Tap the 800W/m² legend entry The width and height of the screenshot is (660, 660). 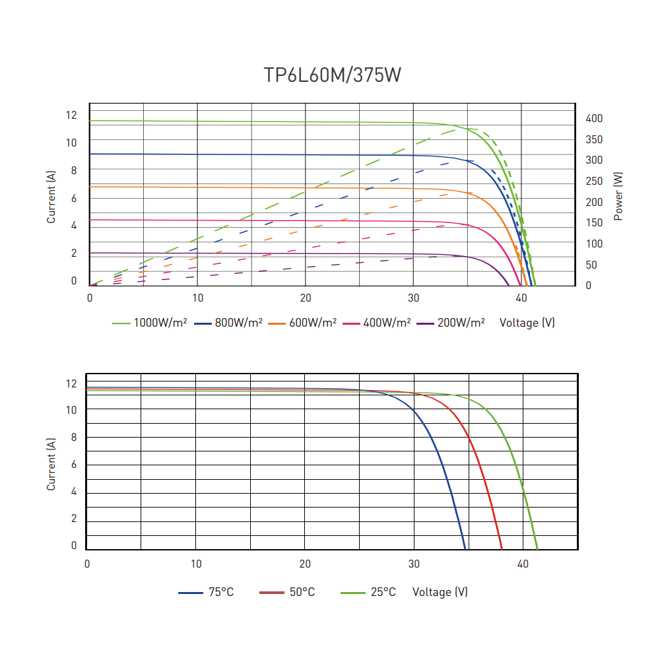pyautogui.click(x=228, y=323)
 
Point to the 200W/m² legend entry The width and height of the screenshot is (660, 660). pyautogui.click(x=451, y=323)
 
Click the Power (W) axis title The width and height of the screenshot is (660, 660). pyautogui.click(x=618, y=196)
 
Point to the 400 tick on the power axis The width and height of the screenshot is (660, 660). pyautogui.click(x=594, y=118)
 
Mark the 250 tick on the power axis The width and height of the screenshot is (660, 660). pyautogui.click(x=594, y=181)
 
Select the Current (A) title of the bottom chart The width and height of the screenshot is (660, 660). pyautogui.click(x=51, y=464)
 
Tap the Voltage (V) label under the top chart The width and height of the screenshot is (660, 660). pyautogui.click(x=527, y=323)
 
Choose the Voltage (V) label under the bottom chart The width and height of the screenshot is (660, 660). pyautogui.click(x=440, y=592)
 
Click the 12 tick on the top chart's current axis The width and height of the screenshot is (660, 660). pyautogui.click(x=71, y=115)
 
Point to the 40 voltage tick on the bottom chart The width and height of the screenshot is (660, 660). pyautogui.click(x=523, y=564)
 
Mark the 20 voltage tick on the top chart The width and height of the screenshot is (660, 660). pyautogui.click(x=305, y=298)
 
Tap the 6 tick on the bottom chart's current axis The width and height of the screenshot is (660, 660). pyautogui.click(x=74, y=465)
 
